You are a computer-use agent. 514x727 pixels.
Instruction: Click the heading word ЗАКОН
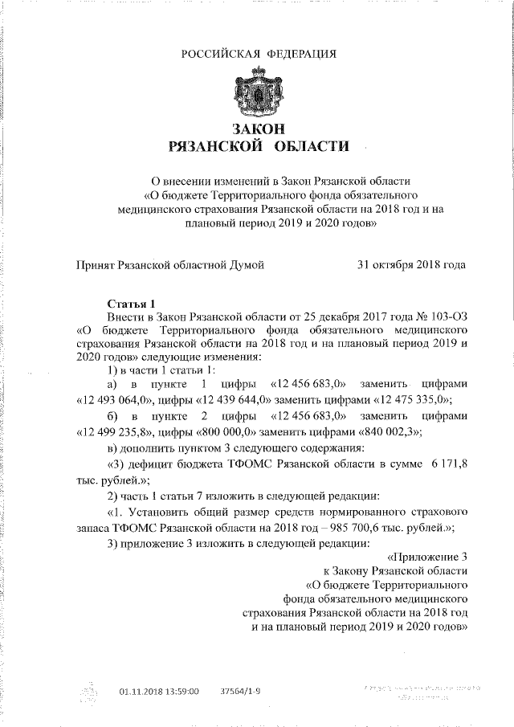click(258, 129)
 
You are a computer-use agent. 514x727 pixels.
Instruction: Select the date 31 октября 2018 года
click(410, 264)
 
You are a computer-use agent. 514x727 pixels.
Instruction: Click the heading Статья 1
click(132, 304)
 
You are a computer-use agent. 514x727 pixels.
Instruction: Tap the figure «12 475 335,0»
click(412, 400)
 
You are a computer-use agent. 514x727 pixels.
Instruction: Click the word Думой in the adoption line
click(247, 264)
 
